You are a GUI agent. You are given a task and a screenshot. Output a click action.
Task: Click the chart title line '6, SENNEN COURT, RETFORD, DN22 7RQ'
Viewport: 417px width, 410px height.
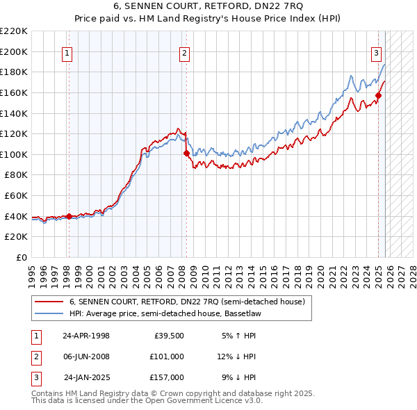click(208, 8)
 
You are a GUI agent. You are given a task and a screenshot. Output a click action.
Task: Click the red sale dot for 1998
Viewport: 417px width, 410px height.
click(69, 216)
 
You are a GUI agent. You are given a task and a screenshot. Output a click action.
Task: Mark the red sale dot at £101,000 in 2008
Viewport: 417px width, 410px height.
click(186, 153)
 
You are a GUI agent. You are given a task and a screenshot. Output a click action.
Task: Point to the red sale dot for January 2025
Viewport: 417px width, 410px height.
click(379, 95)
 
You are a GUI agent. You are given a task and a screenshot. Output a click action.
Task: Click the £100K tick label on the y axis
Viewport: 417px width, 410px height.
click(14, 154)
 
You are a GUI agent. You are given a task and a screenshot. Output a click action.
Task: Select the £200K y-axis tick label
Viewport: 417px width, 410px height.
click(14, 51)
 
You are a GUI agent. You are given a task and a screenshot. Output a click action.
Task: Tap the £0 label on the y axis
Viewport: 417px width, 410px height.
click(21, 258)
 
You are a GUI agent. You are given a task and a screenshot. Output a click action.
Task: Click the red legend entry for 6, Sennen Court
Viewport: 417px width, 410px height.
click(186, 302)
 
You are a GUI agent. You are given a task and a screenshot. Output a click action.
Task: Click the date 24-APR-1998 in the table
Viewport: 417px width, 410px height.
click(86, 336)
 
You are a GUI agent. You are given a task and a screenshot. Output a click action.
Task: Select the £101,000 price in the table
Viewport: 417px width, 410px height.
click(167, 356)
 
